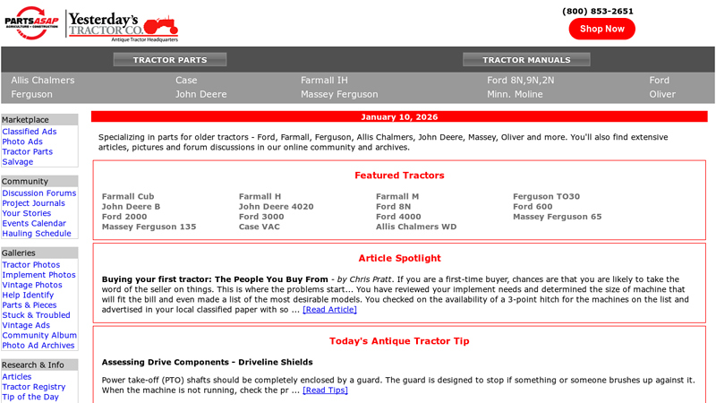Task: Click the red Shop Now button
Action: coord(601,29)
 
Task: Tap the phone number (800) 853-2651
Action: coord(598,11)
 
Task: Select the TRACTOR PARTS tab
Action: coord(170,60)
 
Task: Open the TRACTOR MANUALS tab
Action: coord(526,60)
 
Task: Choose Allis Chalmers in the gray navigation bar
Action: coord(43,80)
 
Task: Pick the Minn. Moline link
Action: coord(515,94)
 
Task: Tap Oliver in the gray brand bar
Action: coord(662,94)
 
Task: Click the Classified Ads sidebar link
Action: coord(30,132)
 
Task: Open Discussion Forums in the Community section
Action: coord(39,193)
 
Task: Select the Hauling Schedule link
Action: coord(37,233)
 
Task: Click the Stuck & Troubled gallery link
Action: coord(36,315)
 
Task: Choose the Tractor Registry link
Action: coord(34,387)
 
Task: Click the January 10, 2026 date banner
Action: coord(399,116)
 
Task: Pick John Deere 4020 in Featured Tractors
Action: coord(276,206)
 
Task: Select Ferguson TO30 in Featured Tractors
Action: coord(546,196)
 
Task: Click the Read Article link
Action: coord(329,310)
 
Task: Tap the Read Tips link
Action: coord(325,390)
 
